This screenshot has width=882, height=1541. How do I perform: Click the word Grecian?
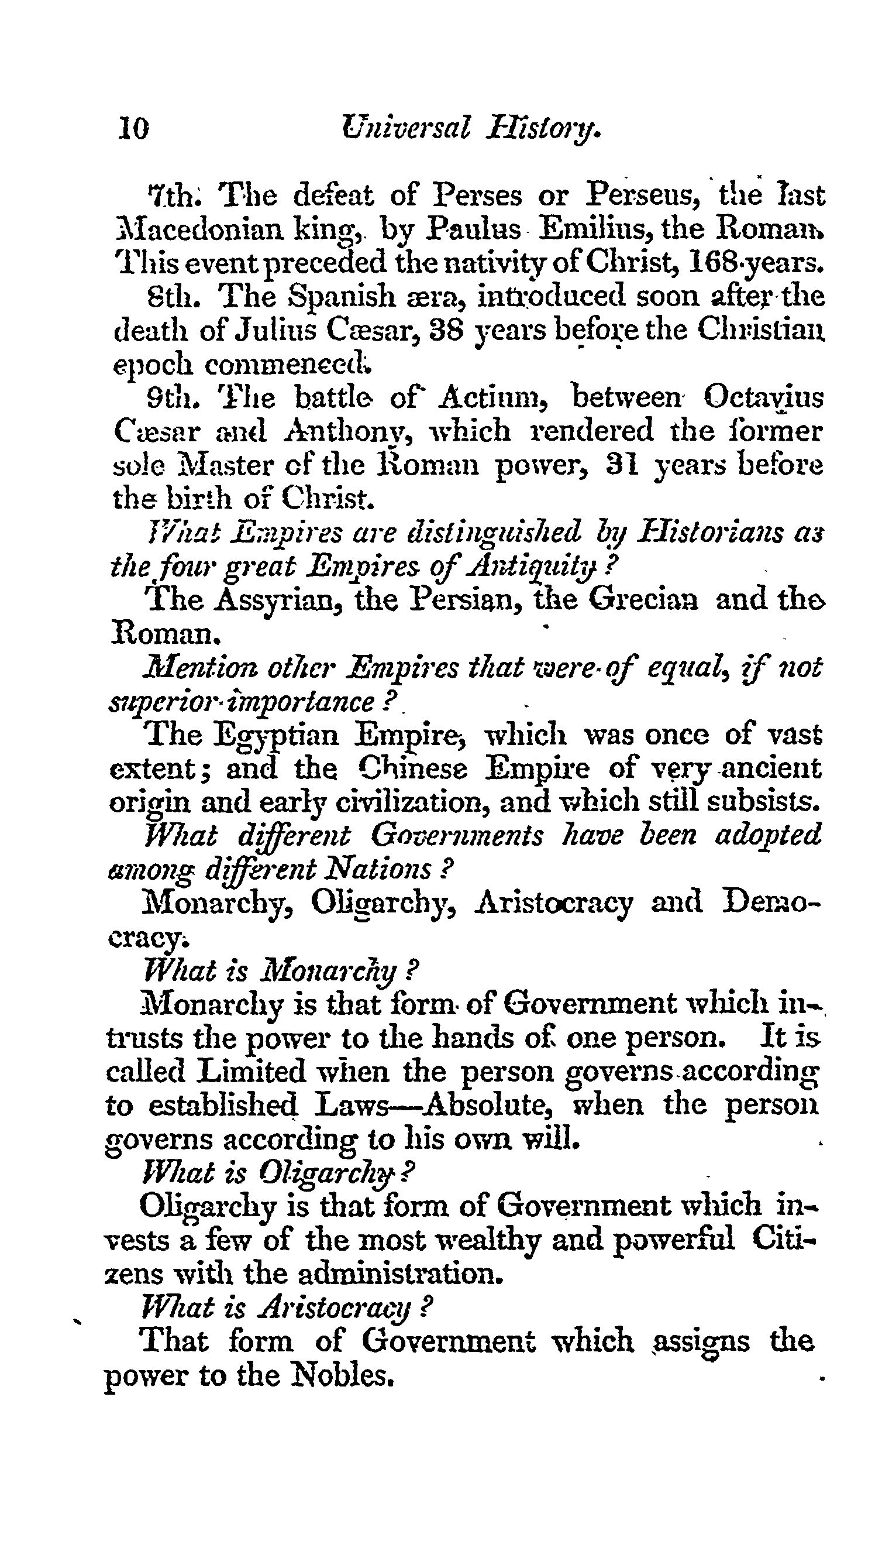pos(643,600)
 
